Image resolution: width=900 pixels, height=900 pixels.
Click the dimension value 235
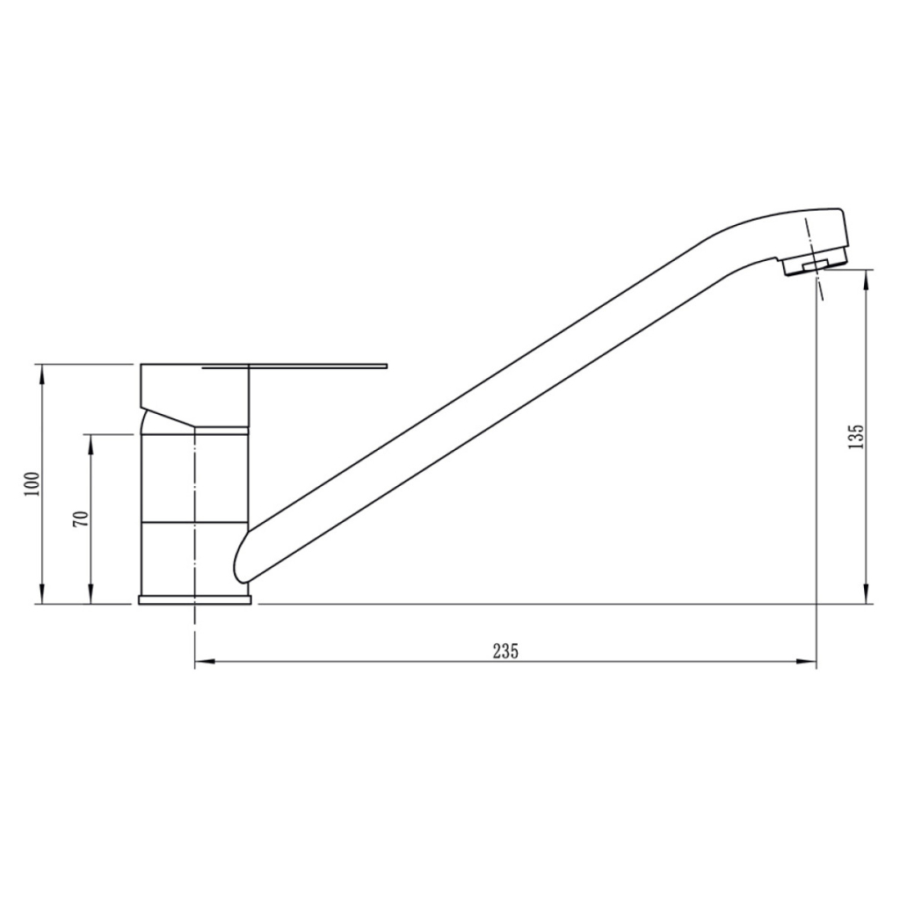[x=505, y=651]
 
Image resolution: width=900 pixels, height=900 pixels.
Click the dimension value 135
[x=857, y=437]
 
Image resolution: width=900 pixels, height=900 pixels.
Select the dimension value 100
[x=33, y=483]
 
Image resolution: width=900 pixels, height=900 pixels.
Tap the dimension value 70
[x=80, y=518]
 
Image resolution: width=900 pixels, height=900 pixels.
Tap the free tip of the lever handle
[x=384, y=364]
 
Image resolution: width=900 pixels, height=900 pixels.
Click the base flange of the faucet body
[x=194, y=599]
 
